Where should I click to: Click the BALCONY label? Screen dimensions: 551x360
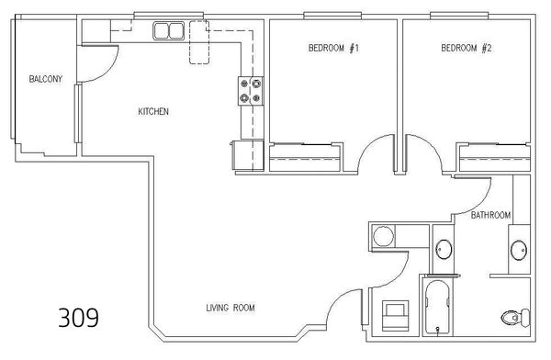(46, 79)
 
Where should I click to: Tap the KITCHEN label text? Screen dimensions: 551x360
(153, 112)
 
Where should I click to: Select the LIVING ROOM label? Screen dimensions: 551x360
(231, 308)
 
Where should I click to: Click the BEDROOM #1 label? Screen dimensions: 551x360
(333, 48)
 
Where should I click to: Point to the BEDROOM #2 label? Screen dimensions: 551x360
(467, 48)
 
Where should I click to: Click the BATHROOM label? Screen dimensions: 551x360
(490, 215)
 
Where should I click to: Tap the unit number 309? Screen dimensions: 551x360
(78, 318)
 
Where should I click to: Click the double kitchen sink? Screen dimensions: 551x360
(169, 30)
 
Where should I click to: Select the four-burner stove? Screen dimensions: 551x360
(251, 91)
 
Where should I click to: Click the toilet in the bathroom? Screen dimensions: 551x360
(515, 318)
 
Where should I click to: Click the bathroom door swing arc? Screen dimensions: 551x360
(482, 204)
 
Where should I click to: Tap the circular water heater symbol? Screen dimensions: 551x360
(383, 236)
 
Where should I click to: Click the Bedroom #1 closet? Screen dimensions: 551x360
(305, 157)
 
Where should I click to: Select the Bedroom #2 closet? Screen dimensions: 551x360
(494, 157)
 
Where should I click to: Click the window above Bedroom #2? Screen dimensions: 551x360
(459, 15)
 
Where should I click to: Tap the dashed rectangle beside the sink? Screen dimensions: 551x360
(199, 42)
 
